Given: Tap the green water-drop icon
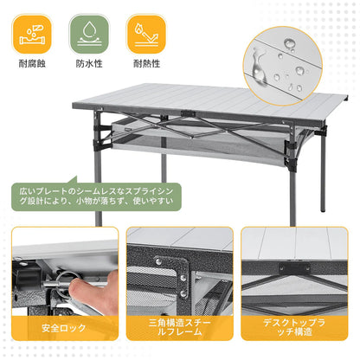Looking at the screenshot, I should click(89, 31).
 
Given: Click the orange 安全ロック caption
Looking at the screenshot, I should click(65, 329).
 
